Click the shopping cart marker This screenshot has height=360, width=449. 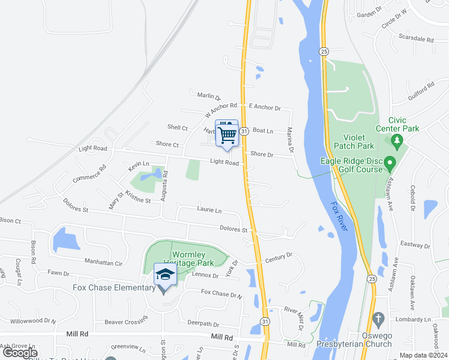tap(227, 134)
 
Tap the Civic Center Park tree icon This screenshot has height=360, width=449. tap(396, 142)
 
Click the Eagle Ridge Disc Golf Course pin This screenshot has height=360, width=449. tap(390, 163)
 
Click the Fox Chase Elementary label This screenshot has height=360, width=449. tap(114, 288)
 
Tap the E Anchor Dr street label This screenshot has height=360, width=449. tap(265, 107)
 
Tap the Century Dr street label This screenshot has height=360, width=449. tap(278, 256)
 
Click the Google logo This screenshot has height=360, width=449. tap(20, 353)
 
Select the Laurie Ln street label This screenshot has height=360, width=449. tap(209, 210)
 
